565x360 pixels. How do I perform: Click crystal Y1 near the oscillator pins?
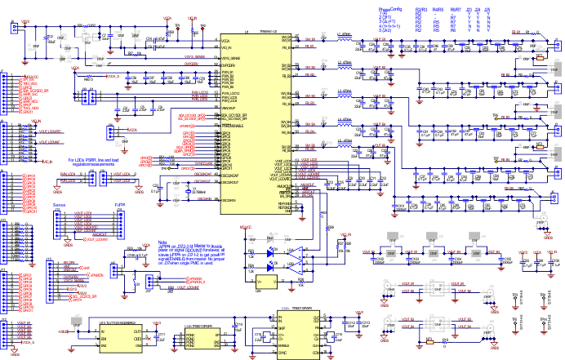tap(190, 192)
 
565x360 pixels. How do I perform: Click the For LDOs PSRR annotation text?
tap(94, 161)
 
